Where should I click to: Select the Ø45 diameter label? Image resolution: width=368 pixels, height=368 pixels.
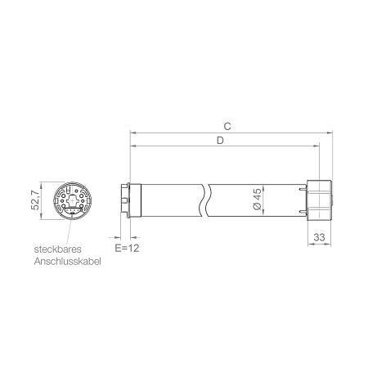tap(257, 200)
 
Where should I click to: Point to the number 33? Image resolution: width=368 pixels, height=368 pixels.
tap(319, 238)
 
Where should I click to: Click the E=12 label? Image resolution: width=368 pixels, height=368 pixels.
tap(125, 246)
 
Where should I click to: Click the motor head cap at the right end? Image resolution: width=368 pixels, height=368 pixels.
tap(319, 200)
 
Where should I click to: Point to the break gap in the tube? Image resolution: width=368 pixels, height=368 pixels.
tap(209, 200)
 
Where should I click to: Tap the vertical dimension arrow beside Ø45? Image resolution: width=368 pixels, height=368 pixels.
tap(266, 200)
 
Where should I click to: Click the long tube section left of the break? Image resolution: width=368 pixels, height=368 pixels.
tap(168, 200)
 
